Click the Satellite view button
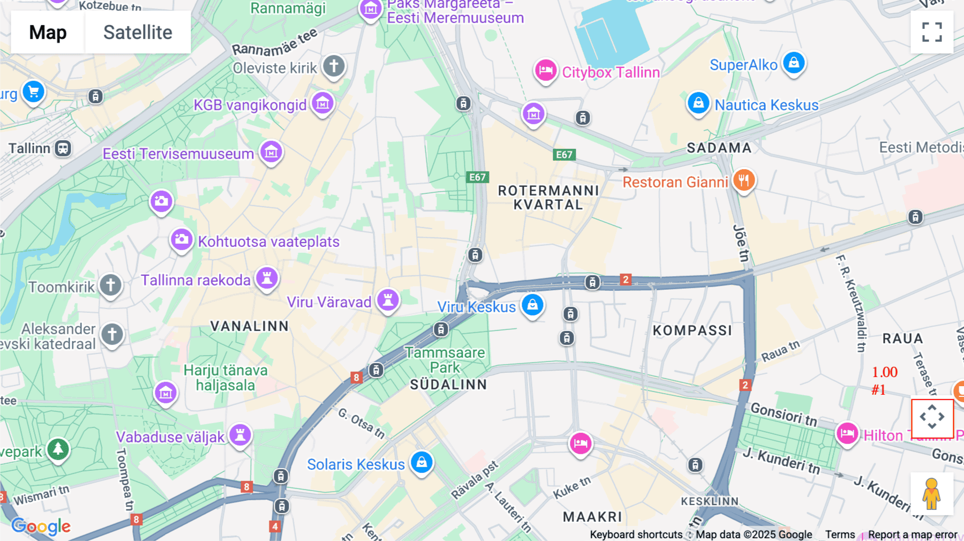click(x=138, y=32)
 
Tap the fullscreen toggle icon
click(x=932, y=32)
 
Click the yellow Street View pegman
click(x=931, y=493)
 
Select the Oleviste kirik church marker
click(x=334, y=66)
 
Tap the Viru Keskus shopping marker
click(x=532, y=305)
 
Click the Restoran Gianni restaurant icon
click(x=743, y=181)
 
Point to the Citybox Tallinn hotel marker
click(x=546, y=70)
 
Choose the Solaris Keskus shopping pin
click(x=421, y=462)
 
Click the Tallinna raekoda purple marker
click(x=267, y=278)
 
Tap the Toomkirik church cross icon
click(x=110, y=285)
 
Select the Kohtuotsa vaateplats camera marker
click(x=182, y=239)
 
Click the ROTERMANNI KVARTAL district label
click(x=548, y=198)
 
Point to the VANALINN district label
click(x=250, y=326)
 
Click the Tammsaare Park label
click(x=445, y=360)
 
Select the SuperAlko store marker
click(x=794, y=63)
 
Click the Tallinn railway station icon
click(x=63, y=148)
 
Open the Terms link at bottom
click(x=840, y=534)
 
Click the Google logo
click(x=41, y=527)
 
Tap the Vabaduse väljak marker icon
click(x=240, y=434)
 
